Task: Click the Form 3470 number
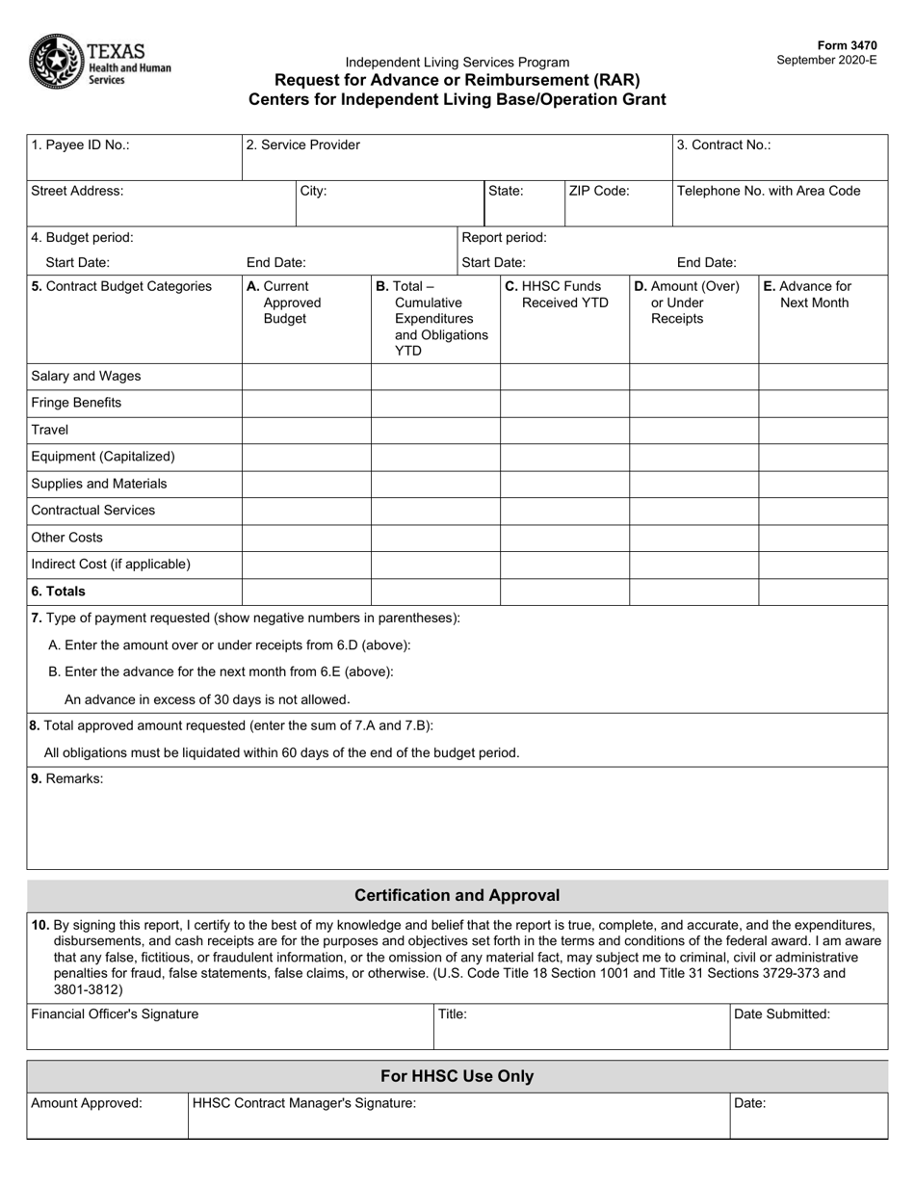pyautogui.click(x=847, y=45)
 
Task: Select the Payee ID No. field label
pyautogui.click(x=80, y=145)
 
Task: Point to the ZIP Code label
pyautogui.click(x=599, y=191)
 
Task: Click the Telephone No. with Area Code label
pyautogui.click(x=769, y=191)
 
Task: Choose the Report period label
pyautogui.click(x=505, y=237)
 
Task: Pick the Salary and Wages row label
pyautogui.click(x=79, y=377)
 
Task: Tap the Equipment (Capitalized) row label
pyautogui.click(x=103, y=457)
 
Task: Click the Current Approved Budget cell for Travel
pyautogui.click(x=306, y=430)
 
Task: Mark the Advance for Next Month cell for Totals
pyautogui.click(x=823, y=592)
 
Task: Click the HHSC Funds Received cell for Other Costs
pyautogui.click(x=564, y=538)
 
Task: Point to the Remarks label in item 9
pyautogui.click(x=67, y=778)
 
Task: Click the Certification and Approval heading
pyautogui.click(x=457, y=895)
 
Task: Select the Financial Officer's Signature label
pyautogui.click(x=115, y=1014)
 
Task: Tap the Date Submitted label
pyautogui.click(x=782, y=1014)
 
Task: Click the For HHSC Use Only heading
pyautogui.click(x=457, y=1076)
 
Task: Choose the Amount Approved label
pyautogui.click(x=87, y=1104)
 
